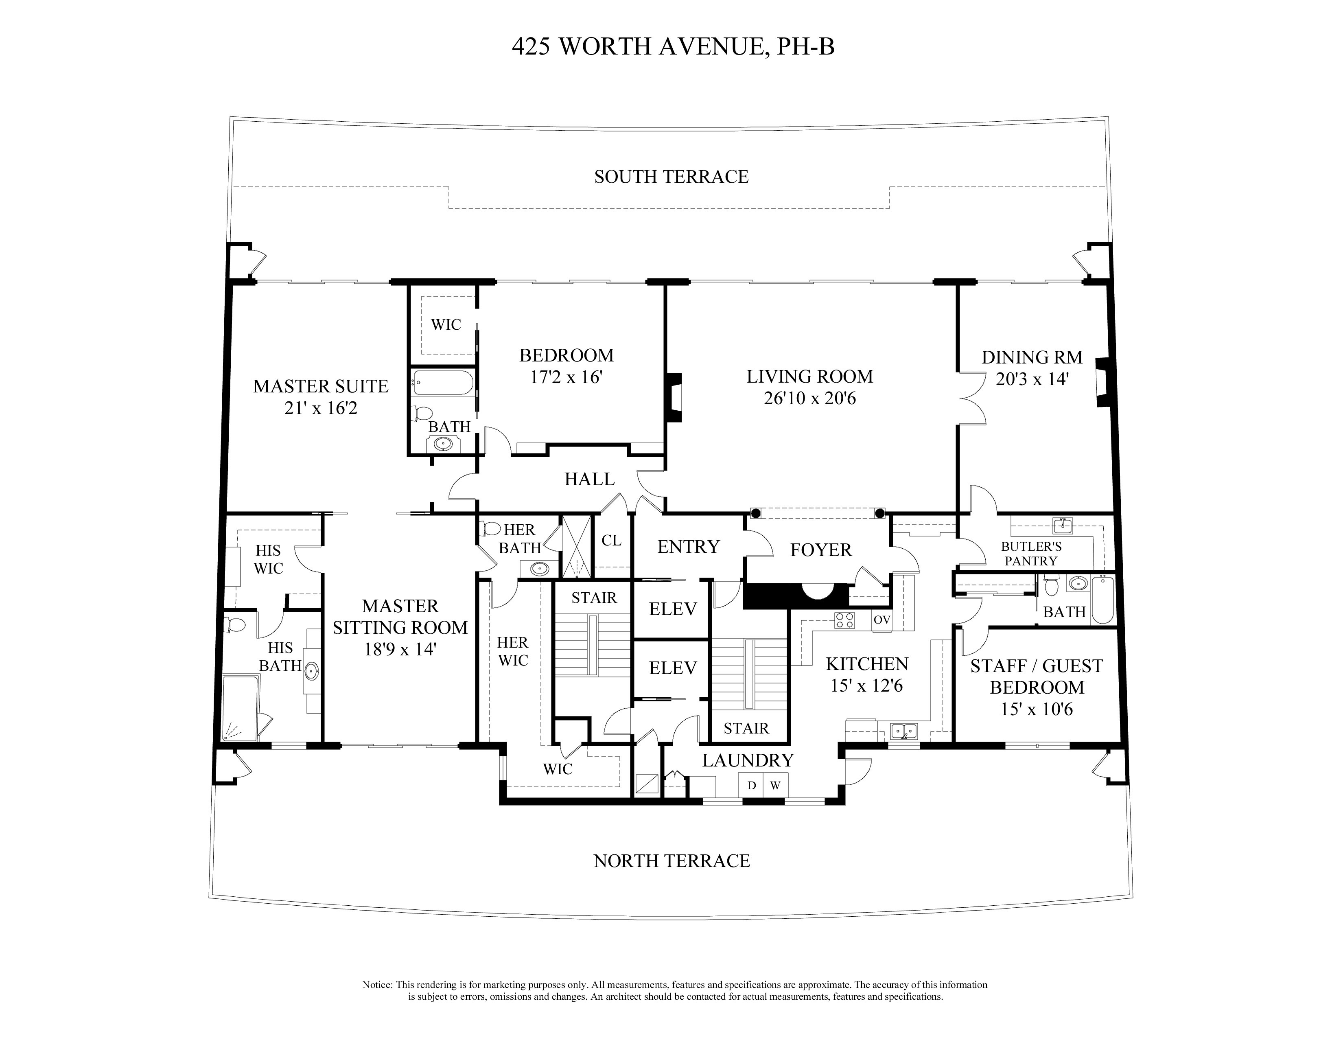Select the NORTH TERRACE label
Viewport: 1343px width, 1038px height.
pos(671,861)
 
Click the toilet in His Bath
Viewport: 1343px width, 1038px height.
pos(234,625)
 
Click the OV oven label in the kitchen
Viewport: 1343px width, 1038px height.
pos(882,620)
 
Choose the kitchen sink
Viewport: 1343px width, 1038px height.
pos(904,731)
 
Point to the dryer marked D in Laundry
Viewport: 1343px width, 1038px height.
pos(751,785)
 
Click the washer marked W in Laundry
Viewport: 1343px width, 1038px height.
pos(775,785)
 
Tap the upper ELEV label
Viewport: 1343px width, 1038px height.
pos(673,609)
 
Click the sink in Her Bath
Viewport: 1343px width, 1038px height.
pos(539,569)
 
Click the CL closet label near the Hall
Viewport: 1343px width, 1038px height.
pos(611,541)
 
